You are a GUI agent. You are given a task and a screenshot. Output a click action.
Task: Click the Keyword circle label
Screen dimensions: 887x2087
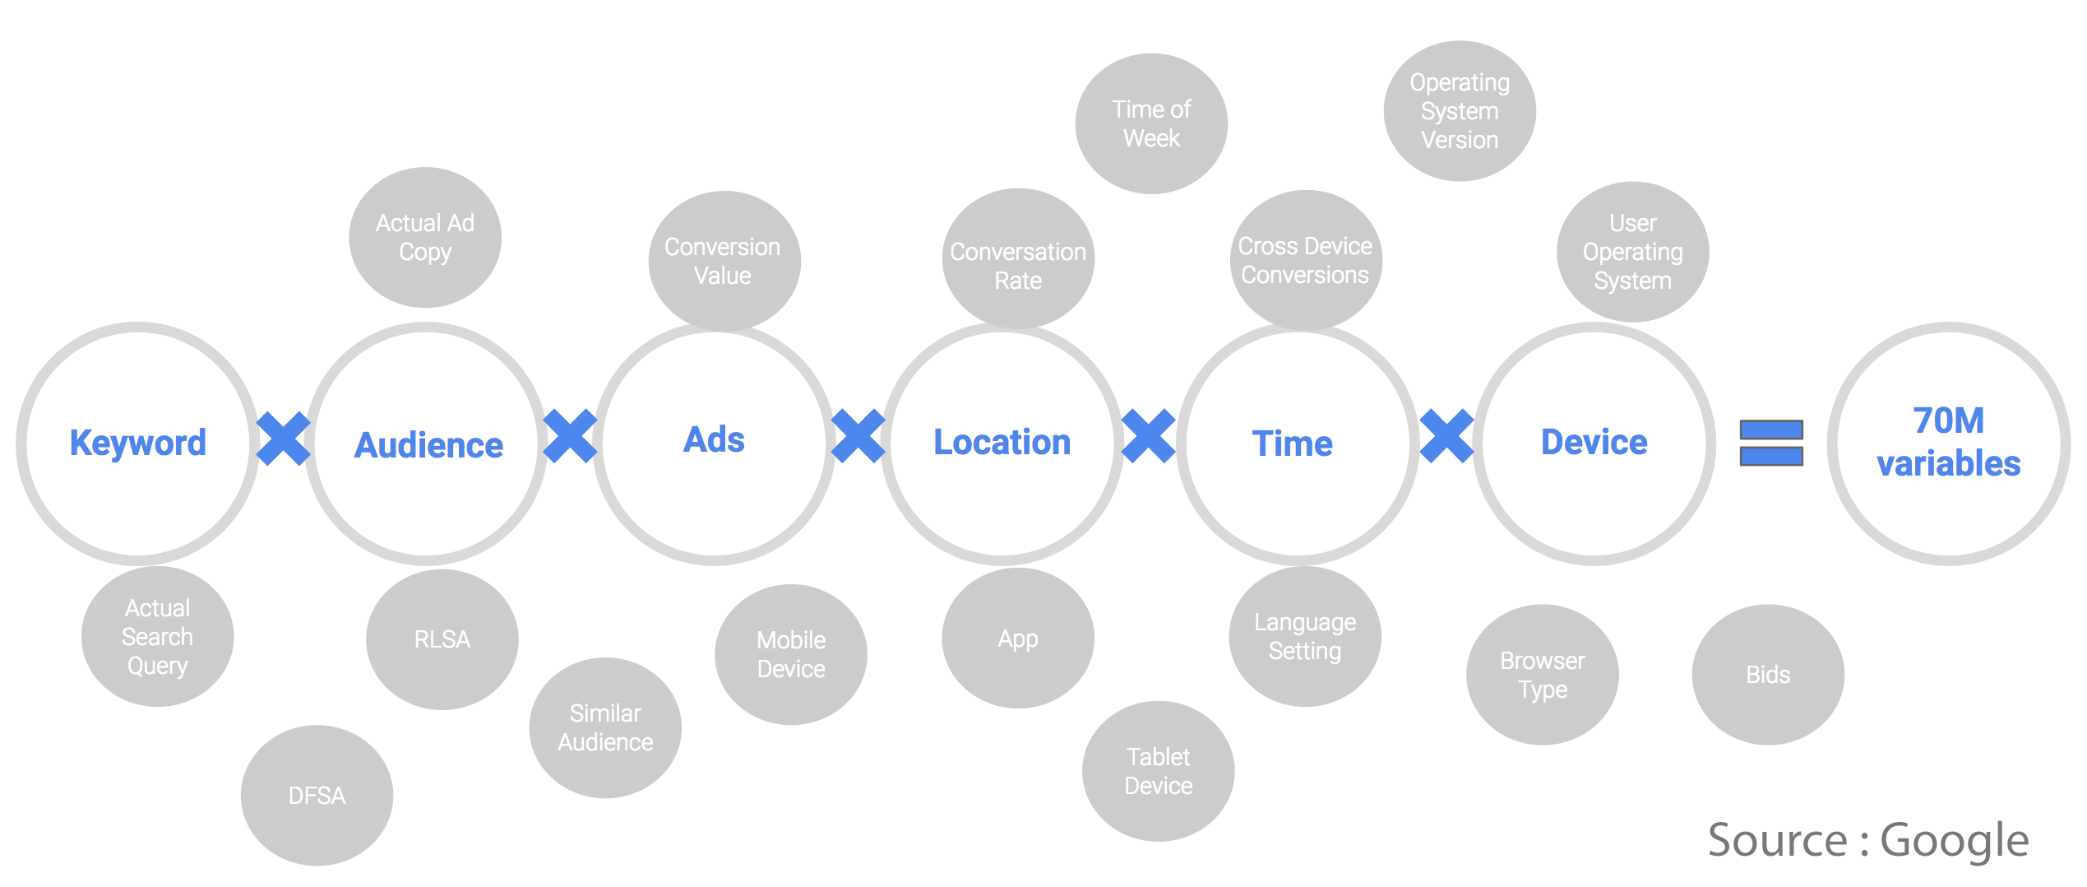(x=138, y=443)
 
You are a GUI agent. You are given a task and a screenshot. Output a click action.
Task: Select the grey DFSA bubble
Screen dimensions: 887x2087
(x=317, y=795)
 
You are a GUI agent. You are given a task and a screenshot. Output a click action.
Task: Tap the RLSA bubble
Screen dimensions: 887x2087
(x=442, y=639)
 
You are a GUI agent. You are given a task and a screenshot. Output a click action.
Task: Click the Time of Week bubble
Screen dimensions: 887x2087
(x=1151, y=123)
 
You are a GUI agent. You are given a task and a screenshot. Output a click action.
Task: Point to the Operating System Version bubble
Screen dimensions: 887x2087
(x=1460, y=111)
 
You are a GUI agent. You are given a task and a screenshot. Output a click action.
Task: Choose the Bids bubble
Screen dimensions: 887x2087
(x=1768, y=675)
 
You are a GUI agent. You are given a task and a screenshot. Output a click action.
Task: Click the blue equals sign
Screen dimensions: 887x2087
(x=1771, y=443)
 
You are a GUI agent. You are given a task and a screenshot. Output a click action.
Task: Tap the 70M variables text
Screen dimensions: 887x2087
(x=1949, y=443)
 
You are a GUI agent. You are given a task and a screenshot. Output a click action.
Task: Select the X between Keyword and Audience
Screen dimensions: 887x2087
(x=283, y=439)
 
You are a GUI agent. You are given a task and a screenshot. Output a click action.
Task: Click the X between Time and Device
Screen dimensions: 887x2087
(x=1446, y=436)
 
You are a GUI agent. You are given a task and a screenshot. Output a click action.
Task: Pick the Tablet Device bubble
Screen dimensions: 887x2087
(x=1159, y=771)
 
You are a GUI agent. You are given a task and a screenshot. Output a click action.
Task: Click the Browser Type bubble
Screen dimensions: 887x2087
(x=1543, y=675)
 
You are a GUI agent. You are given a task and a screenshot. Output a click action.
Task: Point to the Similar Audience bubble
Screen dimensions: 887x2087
(x=605, y=727)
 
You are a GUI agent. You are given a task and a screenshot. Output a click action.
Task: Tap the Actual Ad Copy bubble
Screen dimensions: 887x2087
(x=425, y=237)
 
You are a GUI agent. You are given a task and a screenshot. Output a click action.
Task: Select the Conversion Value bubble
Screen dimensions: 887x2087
(x=724, y=261)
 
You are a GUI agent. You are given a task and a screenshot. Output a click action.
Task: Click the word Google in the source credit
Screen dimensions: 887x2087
(x=1955, y=841)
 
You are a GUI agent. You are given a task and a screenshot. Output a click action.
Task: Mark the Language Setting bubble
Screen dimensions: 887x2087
(x=1305, y=636)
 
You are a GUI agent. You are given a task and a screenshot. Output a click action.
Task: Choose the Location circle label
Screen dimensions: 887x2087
(x=1002, y=443)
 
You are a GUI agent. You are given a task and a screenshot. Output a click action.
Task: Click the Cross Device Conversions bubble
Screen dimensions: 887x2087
(x=1306, y=260)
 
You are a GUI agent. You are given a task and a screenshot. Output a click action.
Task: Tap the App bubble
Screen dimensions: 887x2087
(x=1018, y=639)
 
